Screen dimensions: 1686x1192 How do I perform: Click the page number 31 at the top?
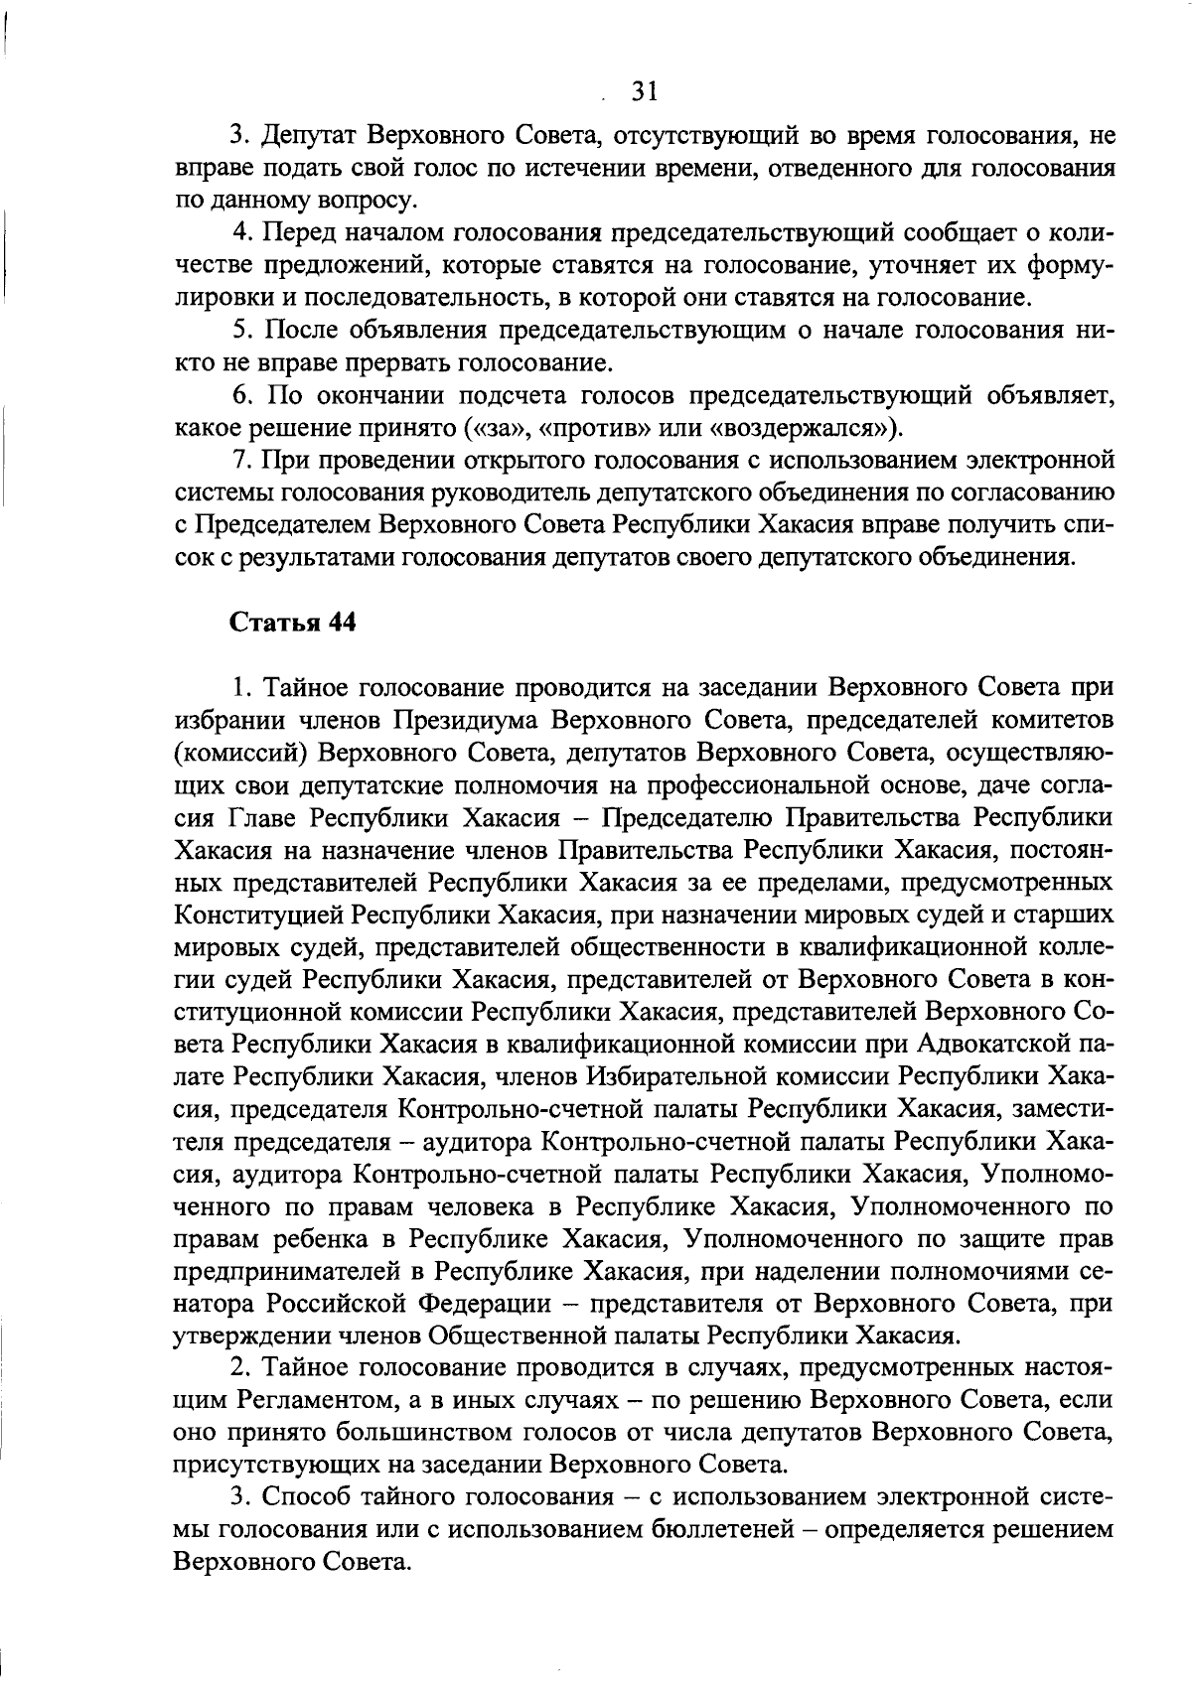644,92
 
